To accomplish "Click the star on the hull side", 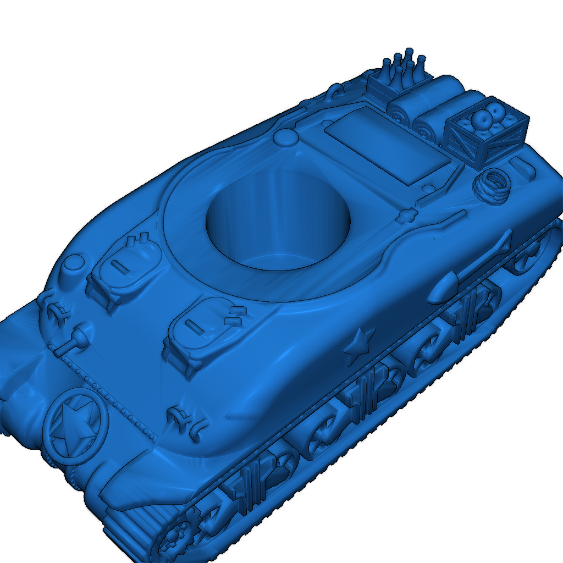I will [x=358, y=345].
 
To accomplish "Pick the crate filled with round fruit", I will [x=486, y=133].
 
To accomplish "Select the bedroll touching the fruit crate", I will [x=440, y=118].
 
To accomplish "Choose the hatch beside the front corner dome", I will [x=124, y=266].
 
